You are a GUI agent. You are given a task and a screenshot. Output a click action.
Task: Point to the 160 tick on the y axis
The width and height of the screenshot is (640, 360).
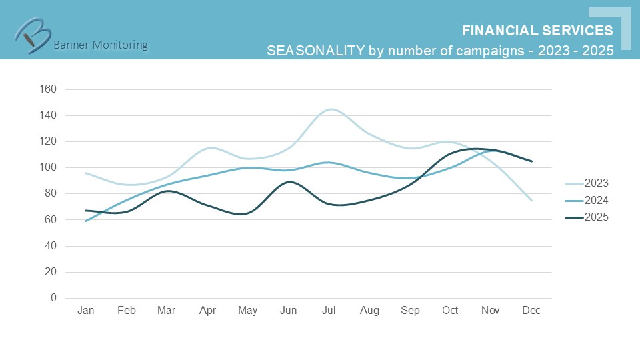(x=48, y=89)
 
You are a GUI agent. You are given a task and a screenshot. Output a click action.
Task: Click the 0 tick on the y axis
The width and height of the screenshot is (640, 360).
(x=53, y=298)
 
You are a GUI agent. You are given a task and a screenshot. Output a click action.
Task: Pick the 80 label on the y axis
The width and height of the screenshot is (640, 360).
(x=51, y=194)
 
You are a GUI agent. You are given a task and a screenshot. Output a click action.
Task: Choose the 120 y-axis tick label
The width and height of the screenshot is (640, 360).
(x=48, y=141)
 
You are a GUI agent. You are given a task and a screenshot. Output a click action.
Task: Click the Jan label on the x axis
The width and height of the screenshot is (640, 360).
(x=85, y=311)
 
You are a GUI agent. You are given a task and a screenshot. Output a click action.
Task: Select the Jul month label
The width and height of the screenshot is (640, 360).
(x=329, y=311)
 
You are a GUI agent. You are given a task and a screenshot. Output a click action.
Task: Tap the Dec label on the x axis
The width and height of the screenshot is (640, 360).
(x=531, y=311)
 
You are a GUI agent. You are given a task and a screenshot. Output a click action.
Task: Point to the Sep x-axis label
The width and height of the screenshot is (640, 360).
(x=410, y=311)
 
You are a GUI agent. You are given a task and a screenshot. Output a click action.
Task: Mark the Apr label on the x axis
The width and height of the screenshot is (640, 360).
(x=207, y=311)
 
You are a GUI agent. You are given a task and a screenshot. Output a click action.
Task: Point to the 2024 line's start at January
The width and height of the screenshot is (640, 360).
(x=86, y=221)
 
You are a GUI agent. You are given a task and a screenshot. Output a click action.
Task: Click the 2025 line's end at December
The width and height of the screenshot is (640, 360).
(x=531, y=161)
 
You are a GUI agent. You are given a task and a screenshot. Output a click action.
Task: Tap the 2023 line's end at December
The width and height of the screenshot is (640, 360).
(x=531, y=200)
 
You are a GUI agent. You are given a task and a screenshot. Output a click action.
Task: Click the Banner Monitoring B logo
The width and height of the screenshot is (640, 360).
(x=33, y=33)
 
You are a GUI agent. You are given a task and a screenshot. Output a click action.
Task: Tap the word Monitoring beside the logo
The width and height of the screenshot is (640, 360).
(x=121, y=45)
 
